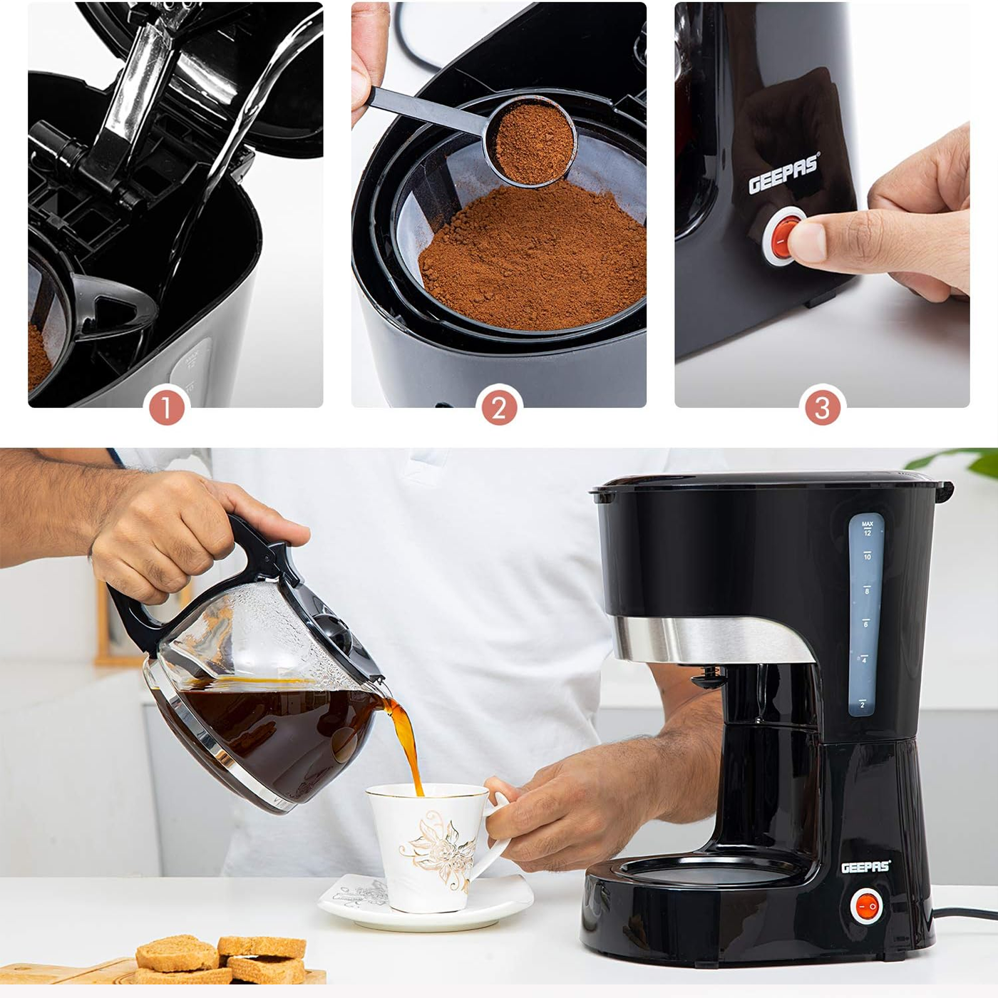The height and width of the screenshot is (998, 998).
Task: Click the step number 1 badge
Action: (x=166, y=408)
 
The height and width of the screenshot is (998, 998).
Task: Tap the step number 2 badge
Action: (x=499, y=408)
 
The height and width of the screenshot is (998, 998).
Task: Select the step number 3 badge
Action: (x=823, y=408)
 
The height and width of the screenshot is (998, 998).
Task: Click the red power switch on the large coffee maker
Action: (x=866, y=906)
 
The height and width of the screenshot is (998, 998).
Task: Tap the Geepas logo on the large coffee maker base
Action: (x=865, y=868)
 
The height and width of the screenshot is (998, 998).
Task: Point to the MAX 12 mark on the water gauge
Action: (x=867, y=528)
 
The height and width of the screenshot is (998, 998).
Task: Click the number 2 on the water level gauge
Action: (x=863, y=704)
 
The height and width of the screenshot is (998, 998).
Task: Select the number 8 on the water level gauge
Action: (x=866, y=590)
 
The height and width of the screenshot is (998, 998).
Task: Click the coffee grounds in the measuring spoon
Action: (x=533, y=141)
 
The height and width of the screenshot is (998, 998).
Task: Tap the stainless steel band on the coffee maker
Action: (x=709, y=639)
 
